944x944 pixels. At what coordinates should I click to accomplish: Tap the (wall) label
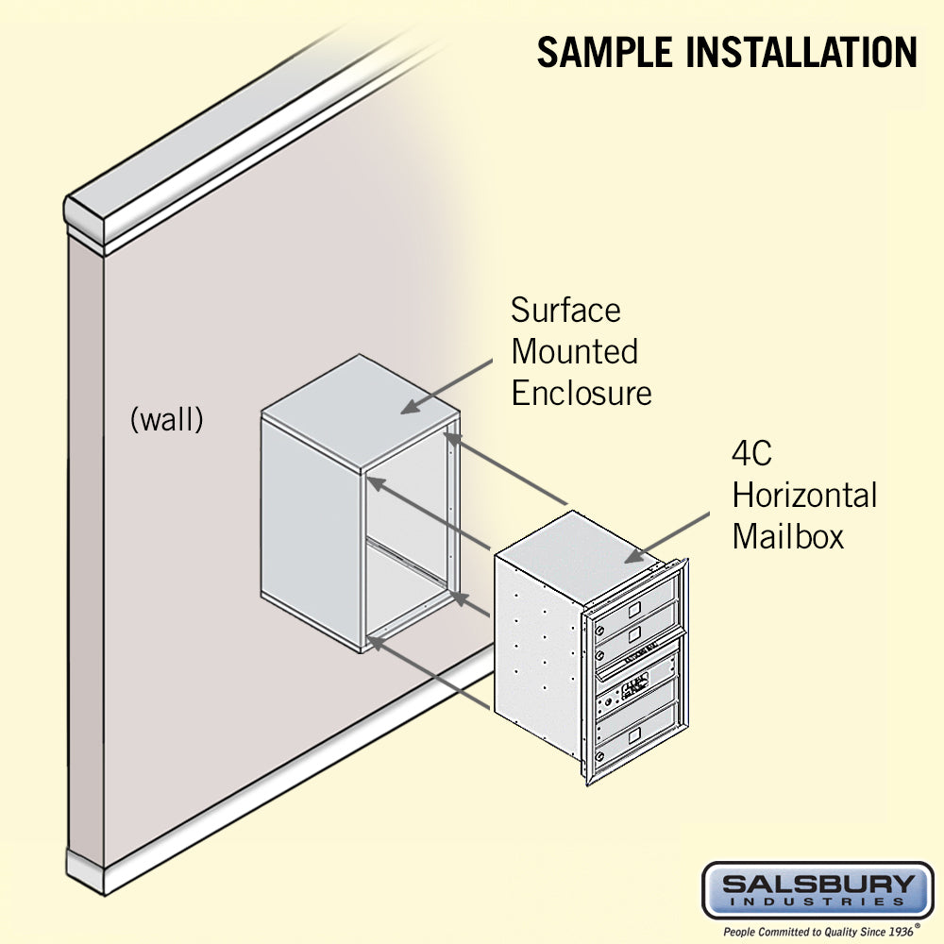pyautogui.click(x=166, y=420)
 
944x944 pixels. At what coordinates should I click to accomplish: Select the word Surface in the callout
pyautogui.click(x=565, y=310)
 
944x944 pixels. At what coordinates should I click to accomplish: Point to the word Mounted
pyautogui.click(x=574, y=351)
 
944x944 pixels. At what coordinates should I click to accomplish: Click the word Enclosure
pyautogui.click(x=581, y=393)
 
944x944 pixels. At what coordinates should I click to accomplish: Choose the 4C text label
pyautogui.click(x=752, y=453)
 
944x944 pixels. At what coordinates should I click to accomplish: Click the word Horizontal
pyautogui.click(x=804, y=495)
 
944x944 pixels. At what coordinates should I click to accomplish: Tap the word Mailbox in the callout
pyautogui.click(x=787, y=536)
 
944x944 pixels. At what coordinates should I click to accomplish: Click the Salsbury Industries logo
pyautogui.click(x=818, y=889)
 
